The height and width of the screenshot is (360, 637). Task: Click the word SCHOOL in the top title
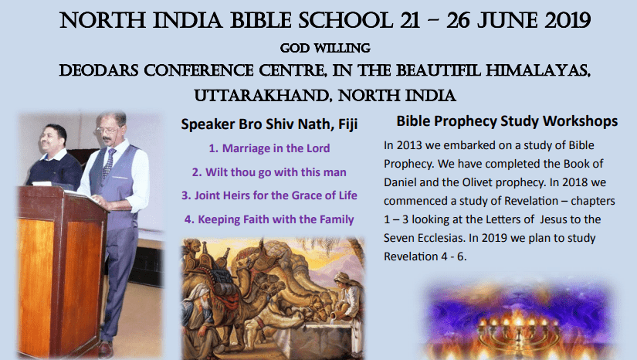[x=345, y=20]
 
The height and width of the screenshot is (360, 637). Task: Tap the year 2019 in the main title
[x=568, y=20]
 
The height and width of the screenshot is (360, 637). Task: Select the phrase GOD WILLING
[x=325, y=48]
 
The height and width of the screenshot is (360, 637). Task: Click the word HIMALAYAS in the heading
[x=538, y=71]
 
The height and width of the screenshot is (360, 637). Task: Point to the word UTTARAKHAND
[x=262, y=96]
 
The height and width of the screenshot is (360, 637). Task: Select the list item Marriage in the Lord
[x=269, y=148]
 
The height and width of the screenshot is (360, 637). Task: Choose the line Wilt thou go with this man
[x=269, y=172]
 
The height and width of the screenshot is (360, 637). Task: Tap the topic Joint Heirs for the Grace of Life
[x=269, y=195]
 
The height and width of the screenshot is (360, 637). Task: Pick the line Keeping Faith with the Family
[x=269, y=219]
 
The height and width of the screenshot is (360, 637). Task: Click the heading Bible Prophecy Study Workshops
[x=507, y=121]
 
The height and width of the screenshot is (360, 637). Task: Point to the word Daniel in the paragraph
[x=400, y=182]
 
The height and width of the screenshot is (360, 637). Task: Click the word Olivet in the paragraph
[x=478, y=182]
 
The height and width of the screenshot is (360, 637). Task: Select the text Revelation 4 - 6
[x=425, y=256]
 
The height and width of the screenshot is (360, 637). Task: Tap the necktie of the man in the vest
[x=108, y=162]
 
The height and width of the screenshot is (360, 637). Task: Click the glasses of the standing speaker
[x=107, y=131]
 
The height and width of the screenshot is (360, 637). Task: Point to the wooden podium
[x=61, y=270]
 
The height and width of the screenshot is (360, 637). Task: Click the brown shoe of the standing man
[x=105, y=349]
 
